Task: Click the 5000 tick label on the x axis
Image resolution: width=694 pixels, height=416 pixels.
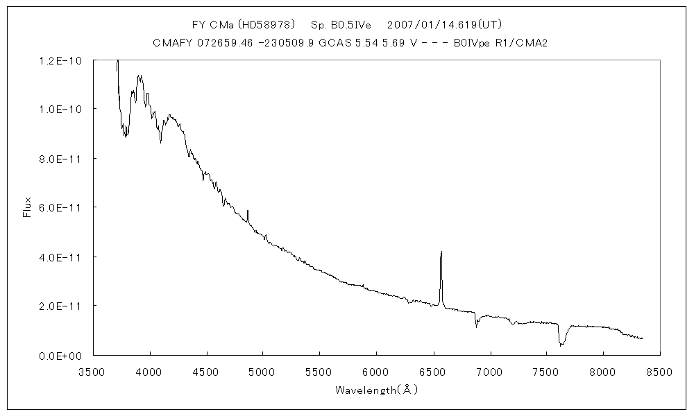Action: point(262,372)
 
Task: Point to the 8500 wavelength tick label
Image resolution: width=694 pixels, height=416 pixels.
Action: point(659,372)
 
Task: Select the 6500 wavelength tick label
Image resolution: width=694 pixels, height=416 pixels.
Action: point(432,372)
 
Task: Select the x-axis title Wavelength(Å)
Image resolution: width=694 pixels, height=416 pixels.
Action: point(376,390)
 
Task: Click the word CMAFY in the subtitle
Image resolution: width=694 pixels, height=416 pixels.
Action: point(169,43)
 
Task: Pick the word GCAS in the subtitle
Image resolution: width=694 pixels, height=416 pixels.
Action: point(325,43)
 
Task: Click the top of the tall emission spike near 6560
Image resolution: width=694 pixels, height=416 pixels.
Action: point(441,252)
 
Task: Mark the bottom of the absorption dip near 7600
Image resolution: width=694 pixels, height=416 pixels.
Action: point(561,345)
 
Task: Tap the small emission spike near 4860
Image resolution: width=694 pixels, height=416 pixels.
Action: point(248,211)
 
